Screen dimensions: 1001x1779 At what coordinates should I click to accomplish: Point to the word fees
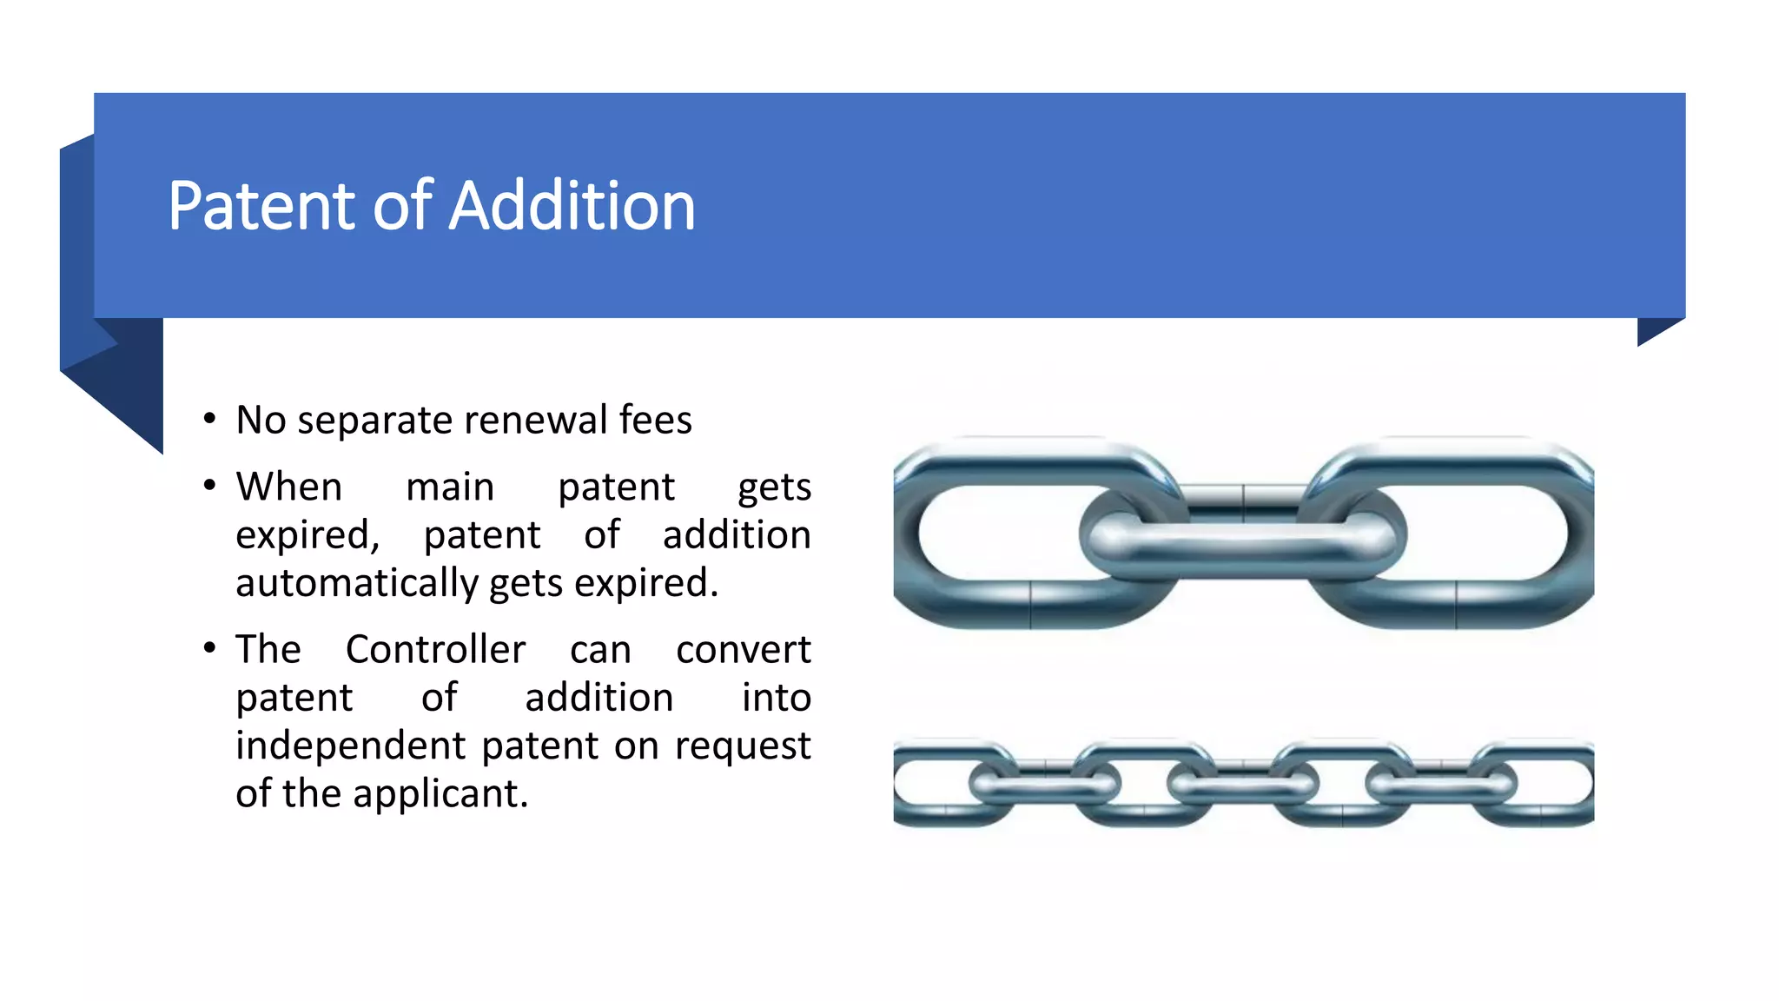(655, 421)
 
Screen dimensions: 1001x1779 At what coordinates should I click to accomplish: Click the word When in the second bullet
(289, 487)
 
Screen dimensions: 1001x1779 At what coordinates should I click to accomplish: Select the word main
(450, 487)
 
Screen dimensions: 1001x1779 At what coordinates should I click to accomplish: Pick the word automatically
(356, 583)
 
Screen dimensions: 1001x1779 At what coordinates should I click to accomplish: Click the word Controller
(435, 650)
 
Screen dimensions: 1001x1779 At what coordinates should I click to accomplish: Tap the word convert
(744, 650)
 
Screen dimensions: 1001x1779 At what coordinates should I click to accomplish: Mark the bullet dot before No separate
(209, 420)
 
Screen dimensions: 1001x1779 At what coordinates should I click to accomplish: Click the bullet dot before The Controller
(209, 648)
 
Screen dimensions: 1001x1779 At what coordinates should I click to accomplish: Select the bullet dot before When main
(209, 486)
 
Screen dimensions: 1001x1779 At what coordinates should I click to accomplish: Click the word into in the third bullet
(776, 698)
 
